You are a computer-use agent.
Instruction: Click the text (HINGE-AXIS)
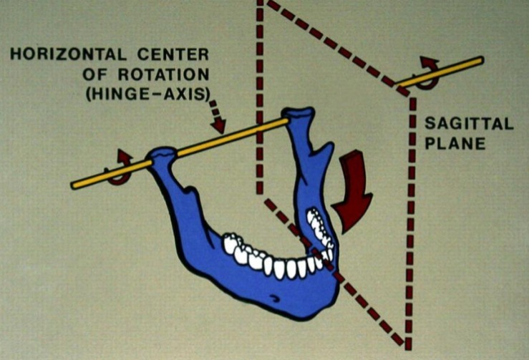click(159, 93)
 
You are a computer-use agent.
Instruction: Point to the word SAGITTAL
click(470, 124)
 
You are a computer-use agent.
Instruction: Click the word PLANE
click(455, 143)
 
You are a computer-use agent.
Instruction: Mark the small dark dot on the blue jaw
click(272, 298)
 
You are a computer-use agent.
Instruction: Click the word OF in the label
click(119, 74)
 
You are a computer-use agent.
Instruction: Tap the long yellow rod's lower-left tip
click(74, 186)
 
